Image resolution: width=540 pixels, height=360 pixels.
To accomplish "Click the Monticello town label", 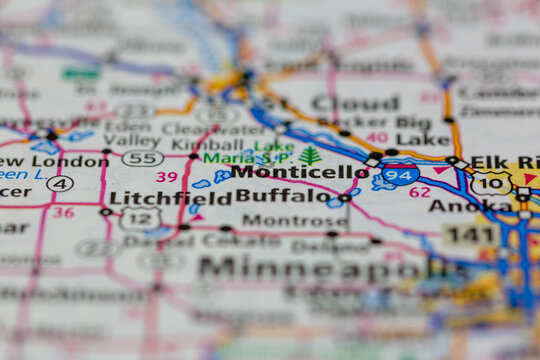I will pyautogui.click(x=300, y=172).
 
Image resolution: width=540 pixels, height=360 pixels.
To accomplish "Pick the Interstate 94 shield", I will pyautogui.click(x=400, y=174).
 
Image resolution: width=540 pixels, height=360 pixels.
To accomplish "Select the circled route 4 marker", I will pyautogui.click(x=60, y=183).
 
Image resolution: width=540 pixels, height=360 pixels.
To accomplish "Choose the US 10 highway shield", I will pyautogui.click(x=491, y=183).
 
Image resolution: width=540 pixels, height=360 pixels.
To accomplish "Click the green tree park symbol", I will pyautogui.click(x=310, y=156).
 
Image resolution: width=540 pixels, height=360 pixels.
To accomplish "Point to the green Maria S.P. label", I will pyautogui.click(x=232, y=158).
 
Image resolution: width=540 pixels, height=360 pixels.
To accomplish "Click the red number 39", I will pyautogui.click(x=166, y=177).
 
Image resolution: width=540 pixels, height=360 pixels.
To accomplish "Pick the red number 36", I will pyautogui.click(x=63, y=212).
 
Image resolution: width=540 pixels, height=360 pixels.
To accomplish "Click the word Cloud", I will pyautogui.click(x=355, y=103).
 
